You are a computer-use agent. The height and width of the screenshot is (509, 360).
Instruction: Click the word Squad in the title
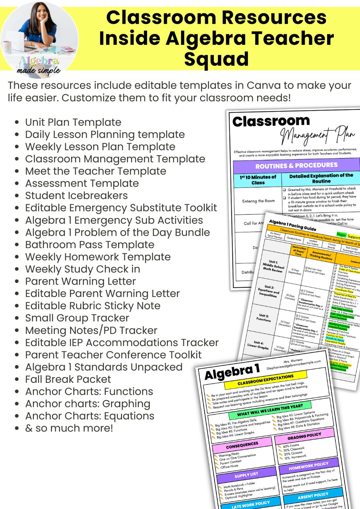pyautogui.click(x=216, y=59)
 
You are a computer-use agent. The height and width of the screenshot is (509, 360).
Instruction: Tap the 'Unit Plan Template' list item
pyautogui.click(x=73, y=122)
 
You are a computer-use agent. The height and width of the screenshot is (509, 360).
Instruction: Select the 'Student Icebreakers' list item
pyautogui.click(x=76, y=195)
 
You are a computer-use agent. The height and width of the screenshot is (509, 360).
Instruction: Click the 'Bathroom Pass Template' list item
pyautogui.click(x=89, y=245)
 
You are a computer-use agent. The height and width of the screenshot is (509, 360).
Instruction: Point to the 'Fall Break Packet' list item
pyautogui.click(x=68, y=379)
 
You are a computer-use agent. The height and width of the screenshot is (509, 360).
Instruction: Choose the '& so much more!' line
pyautogui.click(x=69, y=428)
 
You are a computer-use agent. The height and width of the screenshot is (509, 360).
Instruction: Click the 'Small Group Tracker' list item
pyautogui.click(x=77, y=318)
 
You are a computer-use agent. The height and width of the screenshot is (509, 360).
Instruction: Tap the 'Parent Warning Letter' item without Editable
pyautogui.click(x=80, y=281)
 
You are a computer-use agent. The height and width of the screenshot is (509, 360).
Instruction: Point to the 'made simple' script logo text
pyautogui.click(x=39, y=71)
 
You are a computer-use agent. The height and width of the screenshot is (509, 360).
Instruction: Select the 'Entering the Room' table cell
pyautogui.click(x=258, y=201)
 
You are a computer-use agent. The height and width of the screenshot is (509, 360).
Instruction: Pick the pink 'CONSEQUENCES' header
pyautogui.click(x=242, y=445)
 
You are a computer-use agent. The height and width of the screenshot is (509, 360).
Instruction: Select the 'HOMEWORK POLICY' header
pyautogui.click(x=308, y=466)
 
